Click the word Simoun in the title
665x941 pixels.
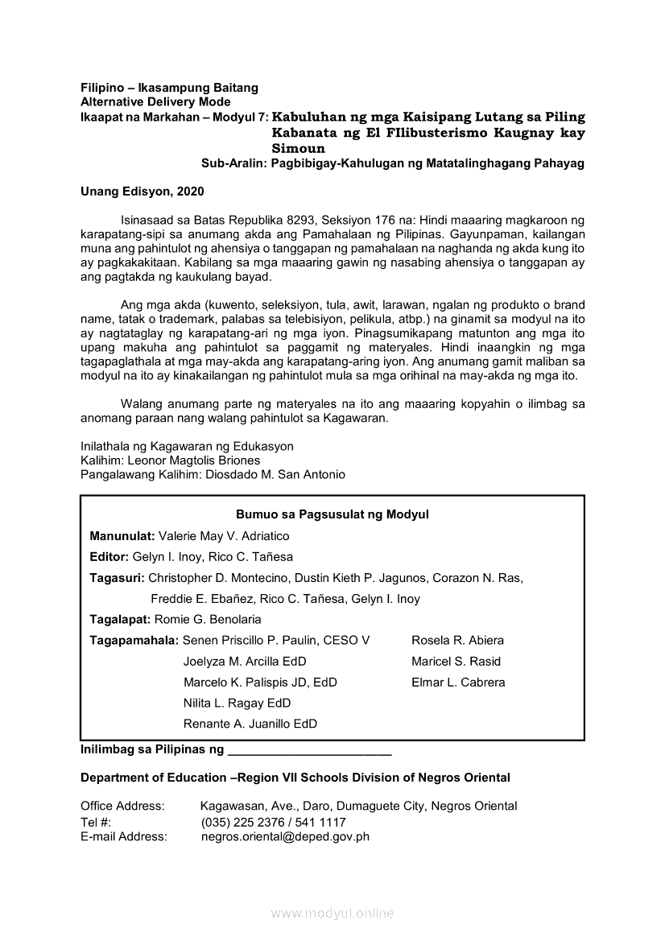tap(299, 149)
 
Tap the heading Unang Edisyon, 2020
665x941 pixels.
tap(142, 192)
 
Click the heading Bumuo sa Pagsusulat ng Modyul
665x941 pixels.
tap(332, 514)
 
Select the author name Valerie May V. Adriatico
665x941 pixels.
tap(224, 536)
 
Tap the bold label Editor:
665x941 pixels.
tap(109, 557)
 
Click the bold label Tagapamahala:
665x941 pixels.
tap(134, 641)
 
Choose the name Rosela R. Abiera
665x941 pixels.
tap(457, 641)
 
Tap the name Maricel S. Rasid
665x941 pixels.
tap(456, 662)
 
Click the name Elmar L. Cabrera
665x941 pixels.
tap(458, 683)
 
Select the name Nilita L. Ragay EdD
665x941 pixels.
tap(237, 704)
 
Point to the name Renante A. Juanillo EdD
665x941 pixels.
tap(250, 724)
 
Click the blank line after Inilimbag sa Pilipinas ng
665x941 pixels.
tap(310, 752)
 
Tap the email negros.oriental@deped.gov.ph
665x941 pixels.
tap(285, 837)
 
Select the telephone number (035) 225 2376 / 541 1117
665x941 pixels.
tap(274, 823)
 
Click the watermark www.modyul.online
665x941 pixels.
tap(332, 914)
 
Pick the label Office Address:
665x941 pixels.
tap(122, 807)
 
